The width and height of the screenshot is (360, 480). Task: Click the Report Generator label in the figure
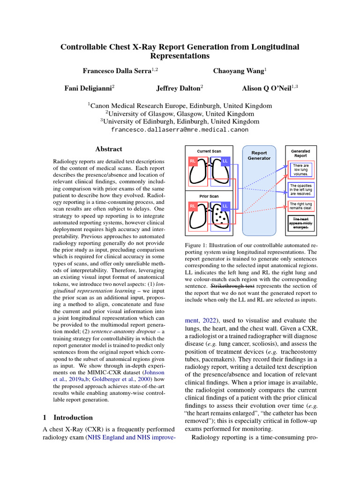259,155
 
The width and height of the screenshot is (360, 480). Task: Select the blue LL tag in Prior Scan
225,206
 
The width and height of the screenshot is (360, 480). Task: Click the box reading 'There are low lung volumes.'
300,170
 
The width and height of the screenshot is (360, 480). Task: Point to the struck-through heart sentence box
300,223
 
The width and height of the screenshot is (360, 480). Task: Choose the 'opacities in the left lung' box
300,189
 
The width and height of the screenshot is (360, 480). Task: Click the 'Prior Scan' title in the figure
209,196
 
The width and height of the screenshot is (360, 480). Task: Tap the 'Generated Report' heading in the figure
300,153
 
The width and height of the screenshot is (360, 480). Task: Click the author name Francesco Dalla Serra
120,71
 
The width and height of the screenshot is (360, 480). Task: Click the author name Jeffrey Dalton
179,88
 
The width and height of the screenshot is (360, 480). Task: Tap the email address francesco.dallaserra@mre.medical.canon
180,129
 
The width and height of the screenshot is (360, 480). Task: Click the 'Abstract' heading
108,149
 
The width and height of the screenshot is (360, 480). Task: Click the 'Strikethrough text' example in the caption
232,285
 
